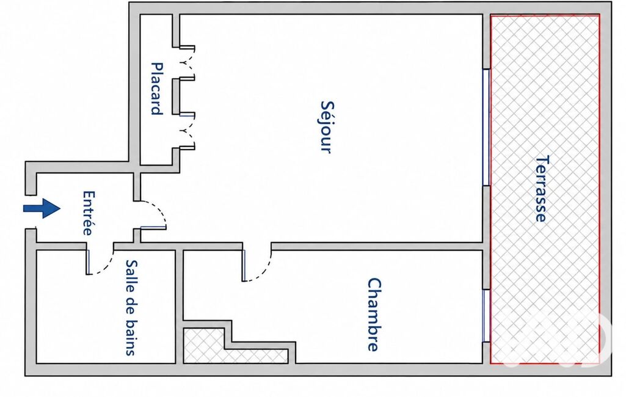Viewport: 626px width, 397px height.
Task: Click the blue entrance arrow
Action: click(x=42, y=208)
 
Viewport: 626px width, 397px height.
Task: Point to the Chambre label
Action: click(x=374, y=315)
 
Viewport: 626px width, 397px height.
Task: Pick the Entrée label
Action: click(x=89, y=213)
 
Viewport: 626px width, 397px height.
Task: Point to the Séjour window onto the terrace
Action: click(x=486, y=128)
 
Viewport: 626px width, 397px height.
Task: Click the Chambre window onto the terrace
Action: click(x=486, y=316)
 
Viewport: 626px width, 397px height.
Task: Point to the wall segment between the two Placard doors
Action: click(x=176, y=97)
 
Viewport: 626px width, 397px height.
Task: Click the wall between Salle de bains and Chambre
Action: click(x=180, y=307)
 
